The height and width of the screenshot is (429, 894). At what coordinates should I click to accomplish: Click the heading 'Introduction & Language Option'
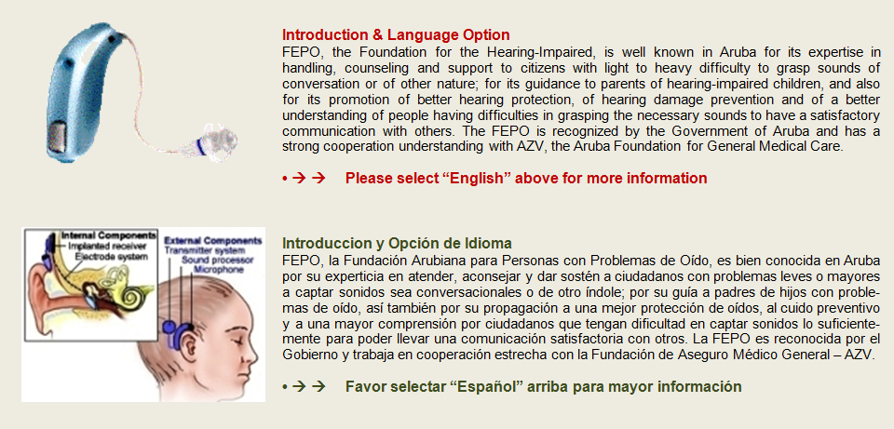click(396, 34)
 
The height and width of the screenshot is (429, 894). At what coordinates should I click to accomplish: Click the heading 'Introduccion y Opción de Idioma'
click(397, 244)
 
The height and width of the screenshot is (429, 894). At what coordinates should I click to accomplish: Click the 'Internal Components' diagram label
click(108, 235)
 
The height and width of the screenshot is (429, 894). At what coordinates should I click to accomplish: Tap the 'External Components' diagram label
click(212, 240)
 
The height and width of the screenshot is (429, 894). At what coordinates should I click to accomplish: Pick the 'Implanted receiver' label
click(107, 246)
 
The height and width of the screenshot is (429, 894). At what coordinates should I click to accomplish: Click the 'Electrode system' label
click(112, 257)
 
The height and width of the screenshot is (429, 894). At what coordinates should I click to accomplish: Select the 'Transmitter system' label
click(205, 250)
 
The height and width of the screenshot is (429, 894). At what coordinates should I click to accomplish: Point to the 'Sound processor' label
click(217, 260)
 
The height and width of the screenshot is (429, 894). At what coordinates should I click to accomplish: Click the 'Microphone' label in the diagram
click(219, 270)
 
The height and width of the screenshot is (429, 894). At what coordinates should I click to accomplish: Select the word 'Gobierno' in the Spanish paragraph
click(305, 355)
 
